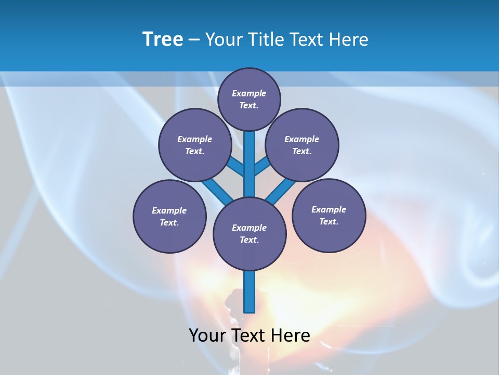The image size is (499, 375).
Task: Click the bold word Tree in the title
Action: [x=163, y=40]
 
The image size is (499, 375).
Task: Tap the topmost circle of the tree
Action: [x=249, y=99]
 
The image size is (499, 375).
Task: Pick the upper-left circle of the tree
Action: [x=195, y=145]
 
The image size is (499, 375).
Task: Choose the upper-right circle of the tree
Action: [x=302, y=145]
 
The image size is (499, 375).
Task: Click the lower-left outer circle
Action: [x=169, y=216]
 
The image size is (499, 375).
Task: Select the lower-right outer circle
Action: [x=329, y=215]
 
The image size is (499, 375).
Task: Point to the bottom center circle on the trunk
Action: [x=249, y=234]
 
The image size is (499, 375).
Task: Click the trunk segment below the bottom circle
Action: [x=249, y=292]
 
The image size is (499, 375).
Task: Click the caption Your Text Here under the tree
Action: [x=249, y=335]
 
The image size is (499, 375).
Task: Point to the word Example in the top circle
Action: [x=249, y=93]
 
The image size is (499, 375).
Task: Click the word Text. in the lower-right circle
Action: [x=329, y=221]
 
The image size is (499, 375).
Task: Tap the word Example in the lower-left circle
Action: [x=169, y=210]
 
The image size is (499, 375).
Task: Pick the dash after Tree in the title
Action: [x=194, y=40]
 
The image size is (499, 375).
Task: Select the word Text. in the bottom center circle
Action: [x=249, y=240]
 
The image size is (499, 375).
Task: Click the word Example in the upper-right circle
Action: [x=302, y=139]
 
